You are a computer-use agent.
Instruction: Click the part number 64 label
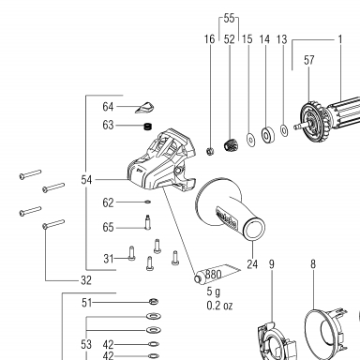(x=108, y=107)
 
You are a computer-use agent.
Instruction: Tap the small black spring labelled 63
(x=147, y=127)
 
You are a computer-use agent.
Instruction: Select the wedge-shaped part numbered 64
(x=144, y=107)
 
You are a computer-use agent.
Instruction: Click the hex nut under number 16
(x=210, y=152)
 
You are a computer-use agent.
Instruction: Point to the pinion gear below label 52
(x=231, y=145)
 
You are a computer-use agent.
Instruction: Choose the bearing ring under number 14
(x=267, y=135)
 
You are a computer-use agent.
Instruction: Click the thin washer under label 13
(x=284, y=130)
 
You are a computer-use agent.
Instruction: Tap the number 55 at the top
(x=229, y=18)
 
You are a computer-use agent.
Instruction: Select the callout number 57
(x=308, y=60)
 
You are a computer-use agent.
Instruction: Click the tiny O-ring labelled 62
(x=148, y=202)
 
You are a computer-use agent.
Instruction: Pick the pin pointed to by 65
(x=148, y=222)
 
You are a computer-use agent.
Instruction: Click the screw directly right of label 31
(x=131, y=253)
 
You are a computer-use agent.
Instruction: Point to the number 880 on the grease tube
(x=214, y=275)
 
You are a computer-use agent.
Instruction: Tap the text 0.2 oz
(x=219, y=306)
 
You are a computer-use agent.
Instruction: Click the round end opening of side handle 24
(x=254, y=229)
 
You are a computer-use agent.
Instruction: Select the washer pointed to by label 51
(x=153, y=302)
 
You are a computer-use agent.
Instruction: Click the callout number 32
(x=86, y=280)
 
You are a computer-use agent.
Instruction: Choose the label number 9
(x=272, y=264)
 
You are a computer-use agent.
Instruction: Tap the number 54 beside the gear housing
(x=86, y=180)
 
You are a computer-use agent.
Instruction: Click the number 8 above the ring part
(x=313, y=264)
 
